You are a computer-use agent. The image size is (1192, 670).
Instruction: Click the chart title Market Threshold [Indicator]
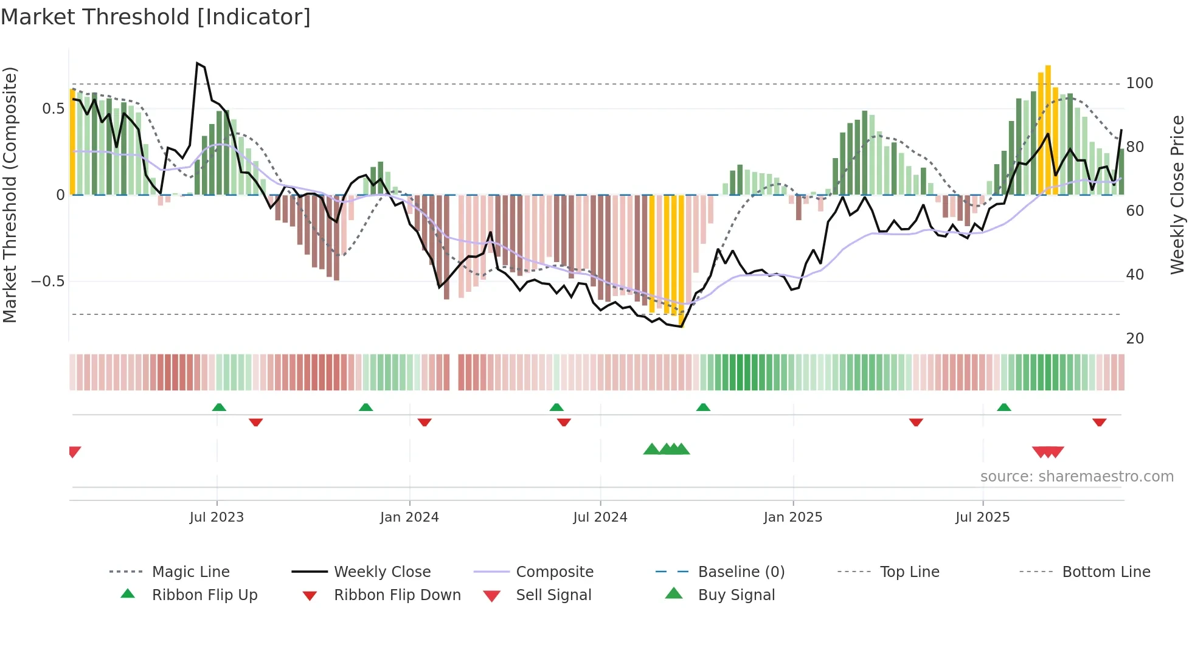pos(156,17)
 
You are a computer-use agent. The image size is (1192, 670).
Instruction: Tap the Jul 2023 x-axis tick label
pos(217,517)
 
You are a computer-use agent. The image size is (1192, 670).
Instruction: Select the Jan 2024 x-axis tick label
pos(409,517)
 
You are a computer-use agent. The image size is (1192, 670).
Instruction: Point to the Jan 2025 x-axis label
pos(793,517)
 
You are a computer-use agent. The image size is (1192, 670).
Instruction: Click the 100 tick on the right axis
pos(1139,83)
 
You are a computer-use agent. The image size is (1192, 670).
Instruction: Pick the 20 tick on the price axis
pos(1135,339)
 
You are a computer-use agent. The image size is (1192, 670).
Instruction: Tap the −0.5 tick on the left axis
pos(47,281)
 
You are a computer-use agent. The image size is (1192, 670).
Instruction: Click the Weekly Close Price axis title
pos(1177,195)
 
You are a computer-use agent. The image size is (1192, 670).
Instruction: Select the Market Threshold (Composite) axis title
pos(10,195)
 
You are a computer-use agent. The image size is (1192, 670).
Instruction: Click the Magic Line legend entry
pos(190,572)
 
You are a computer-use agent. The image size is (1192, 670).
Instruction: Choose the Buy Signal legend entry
pos(736,595)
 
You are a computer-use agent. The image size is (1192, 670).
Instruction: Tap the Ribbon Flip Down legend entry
pos(397,595)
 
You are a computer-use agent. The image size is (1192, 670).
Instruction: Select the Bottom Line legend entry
pos(1106,572)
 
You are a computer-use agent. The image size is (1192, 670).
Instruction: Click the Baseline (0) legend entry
pos(741,572)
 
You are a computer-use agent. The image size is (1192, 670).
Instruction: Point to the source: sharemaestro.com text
pos(1076,477)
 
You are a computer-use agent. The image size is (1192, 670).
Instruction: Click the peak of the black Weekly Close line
pos(198,63)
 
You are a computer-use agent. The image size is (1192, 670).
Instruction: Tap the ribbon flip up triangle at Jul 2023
pos(219,407)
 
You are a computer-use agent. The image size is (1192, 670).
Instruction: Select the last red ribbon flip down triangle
pos(1099,423)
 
